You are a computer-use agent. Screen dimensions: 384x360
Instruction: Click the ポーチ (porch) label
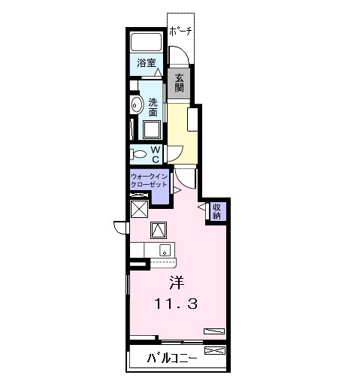pyautogui.click(x=181, y=31)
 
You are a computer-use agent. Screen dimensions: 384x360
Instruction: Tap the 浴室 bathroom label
pyautogui.click(x=147, y=63)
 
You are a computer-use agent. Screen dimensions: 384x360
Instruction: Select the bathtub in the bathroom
pyautogui.click(x=147, y=42)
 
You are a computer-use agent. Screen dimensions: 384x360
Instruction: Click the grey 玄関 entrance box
pyautogui.click(x=180, y=82)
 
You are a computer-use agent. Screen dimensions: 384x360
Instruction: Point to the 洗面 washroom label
pyautogui.click(x=153, y=107)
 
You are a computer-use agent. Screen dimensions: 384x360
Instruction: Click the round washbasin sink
pyautogui.click(x=137, y=104)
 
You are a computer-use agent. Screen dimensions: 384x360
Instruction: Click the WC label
pyautogui.click(x=156, y=153)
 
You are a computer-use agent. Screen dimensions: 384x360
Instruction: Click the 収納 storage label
pyautogui.click(x=216, y=211)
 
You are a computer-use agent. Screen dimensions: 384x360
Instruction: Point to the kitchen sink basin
pyautogui.click(x=165, y=250)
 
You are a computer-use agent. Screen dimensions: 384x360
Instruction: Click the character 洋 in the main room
pyautogui.click(x=176, y=283)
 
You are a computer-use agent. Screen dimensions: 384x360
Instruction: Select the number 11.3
pyautogui.click(x=176, y=304)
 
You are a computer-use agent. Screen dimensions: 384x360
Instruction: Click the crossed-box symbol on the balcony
pyautogui.click(x=214, y=351)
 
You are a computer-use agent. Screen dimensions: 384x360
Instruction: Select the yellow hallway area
pyautogui.click(x=183, y=132)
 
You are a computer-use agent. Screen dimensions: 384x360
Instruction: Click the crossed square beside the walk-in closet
pyautogui.click(x=139, y=209)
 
